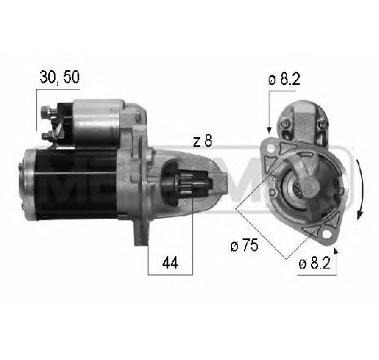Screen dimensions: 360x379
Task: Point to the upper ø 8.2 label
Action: tap(285, 79)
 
